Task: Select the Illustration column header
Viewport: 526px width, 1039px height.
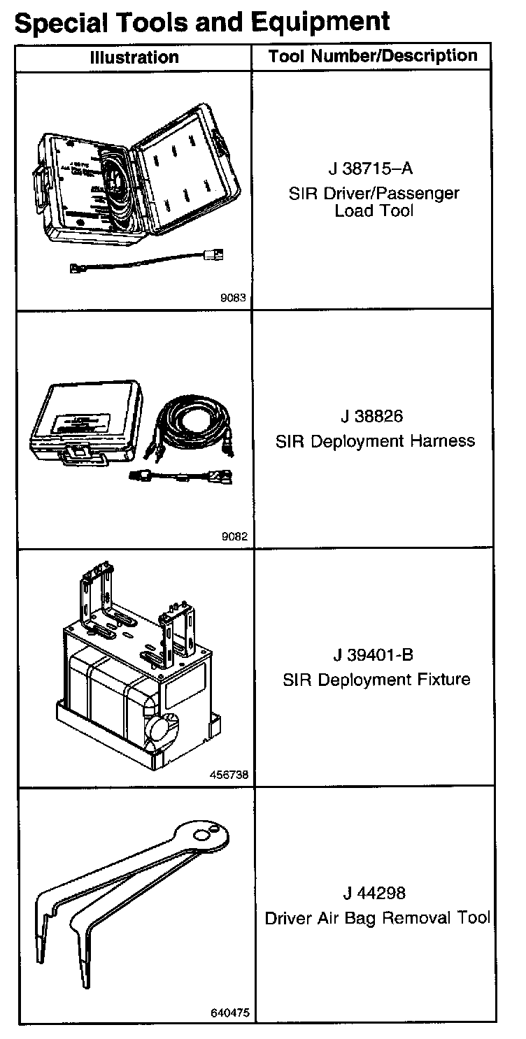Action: (134, 57)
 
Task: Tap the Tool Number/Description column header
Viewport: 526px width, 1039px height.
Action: (373, 57)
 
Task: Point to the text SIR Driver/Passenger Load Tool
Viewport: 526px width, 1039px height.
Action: (374, 201)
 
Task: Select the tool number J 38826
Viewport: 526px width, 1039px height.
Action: (372, 417)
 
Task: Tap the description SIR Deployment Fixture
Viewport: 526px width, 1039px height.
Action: (376, 680)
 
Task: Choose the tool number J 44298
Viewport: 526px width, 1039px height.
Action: (374, 894)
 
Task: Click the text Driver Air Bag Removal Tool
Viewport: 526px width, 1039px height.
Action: (377, 918)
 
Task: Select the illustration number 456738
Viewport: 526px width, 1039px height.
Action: (229, 775)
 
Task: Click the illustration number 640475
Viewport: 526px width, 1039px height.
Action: (229, 1012)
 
